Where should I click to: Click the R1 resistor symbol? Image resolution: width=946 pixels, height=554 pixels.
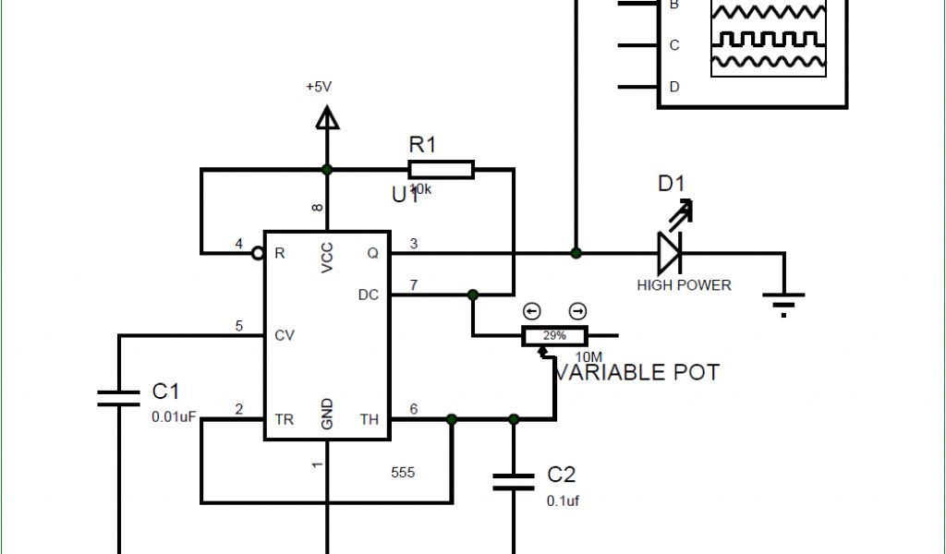(x=441, y=170)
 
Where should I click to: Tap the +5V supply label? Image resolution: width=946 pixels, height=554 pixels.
(x=319, y=87)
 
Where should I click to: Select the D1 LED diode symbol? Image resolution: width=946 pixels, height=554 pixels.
(x=669, y=251)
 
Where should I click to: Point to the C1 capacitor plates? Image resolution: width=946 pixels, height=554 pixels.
(x=120, y=399)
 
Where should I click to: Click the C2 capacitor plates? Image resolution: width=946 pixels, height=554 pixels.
(x=513, y=480)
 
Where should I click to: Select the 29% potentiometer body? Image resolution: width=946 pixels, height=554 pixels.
(x=553, y=336)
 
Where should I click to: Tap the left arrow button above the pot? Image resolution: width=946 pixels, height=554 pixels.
(x=531, y=311)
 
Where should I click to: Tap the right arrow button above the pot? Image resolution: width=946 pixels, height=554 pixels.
(x=577, y=311)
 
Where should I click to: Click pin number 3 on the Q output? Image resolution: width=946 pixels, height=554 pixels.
(x=414, y=243)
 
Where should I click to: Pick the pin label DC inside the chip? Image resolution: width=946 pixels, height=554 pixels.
(x=369, y=295)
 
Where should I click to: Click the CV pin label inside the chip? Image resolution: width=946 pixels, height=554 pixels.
(x=285, y=335)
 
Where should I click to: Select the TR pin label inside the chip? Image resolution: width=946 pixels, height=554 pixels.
(x=285, y=419)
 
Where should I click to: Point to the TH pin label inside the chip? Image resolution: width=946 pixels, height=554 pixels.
(x=370, y=419)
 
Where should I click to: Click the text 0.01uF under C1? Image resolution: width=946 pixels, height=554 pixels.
(x=174, y=417)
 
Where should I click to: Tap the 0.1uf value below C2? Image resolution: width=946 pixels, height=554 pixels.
(x=563, y=500)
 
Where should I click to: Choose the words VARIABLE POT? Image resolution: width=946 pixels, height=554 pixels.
(x=637, y=372)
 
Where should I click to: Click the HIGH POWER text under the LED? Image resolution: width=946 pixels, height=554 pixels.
(x=684, y=285)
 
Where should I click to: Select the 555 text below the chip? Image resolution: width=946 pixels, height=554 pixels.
(x=403, y=473)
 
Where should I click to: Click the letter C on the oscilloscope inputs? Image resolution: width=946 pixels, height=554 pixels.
(x=674, y=45)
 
